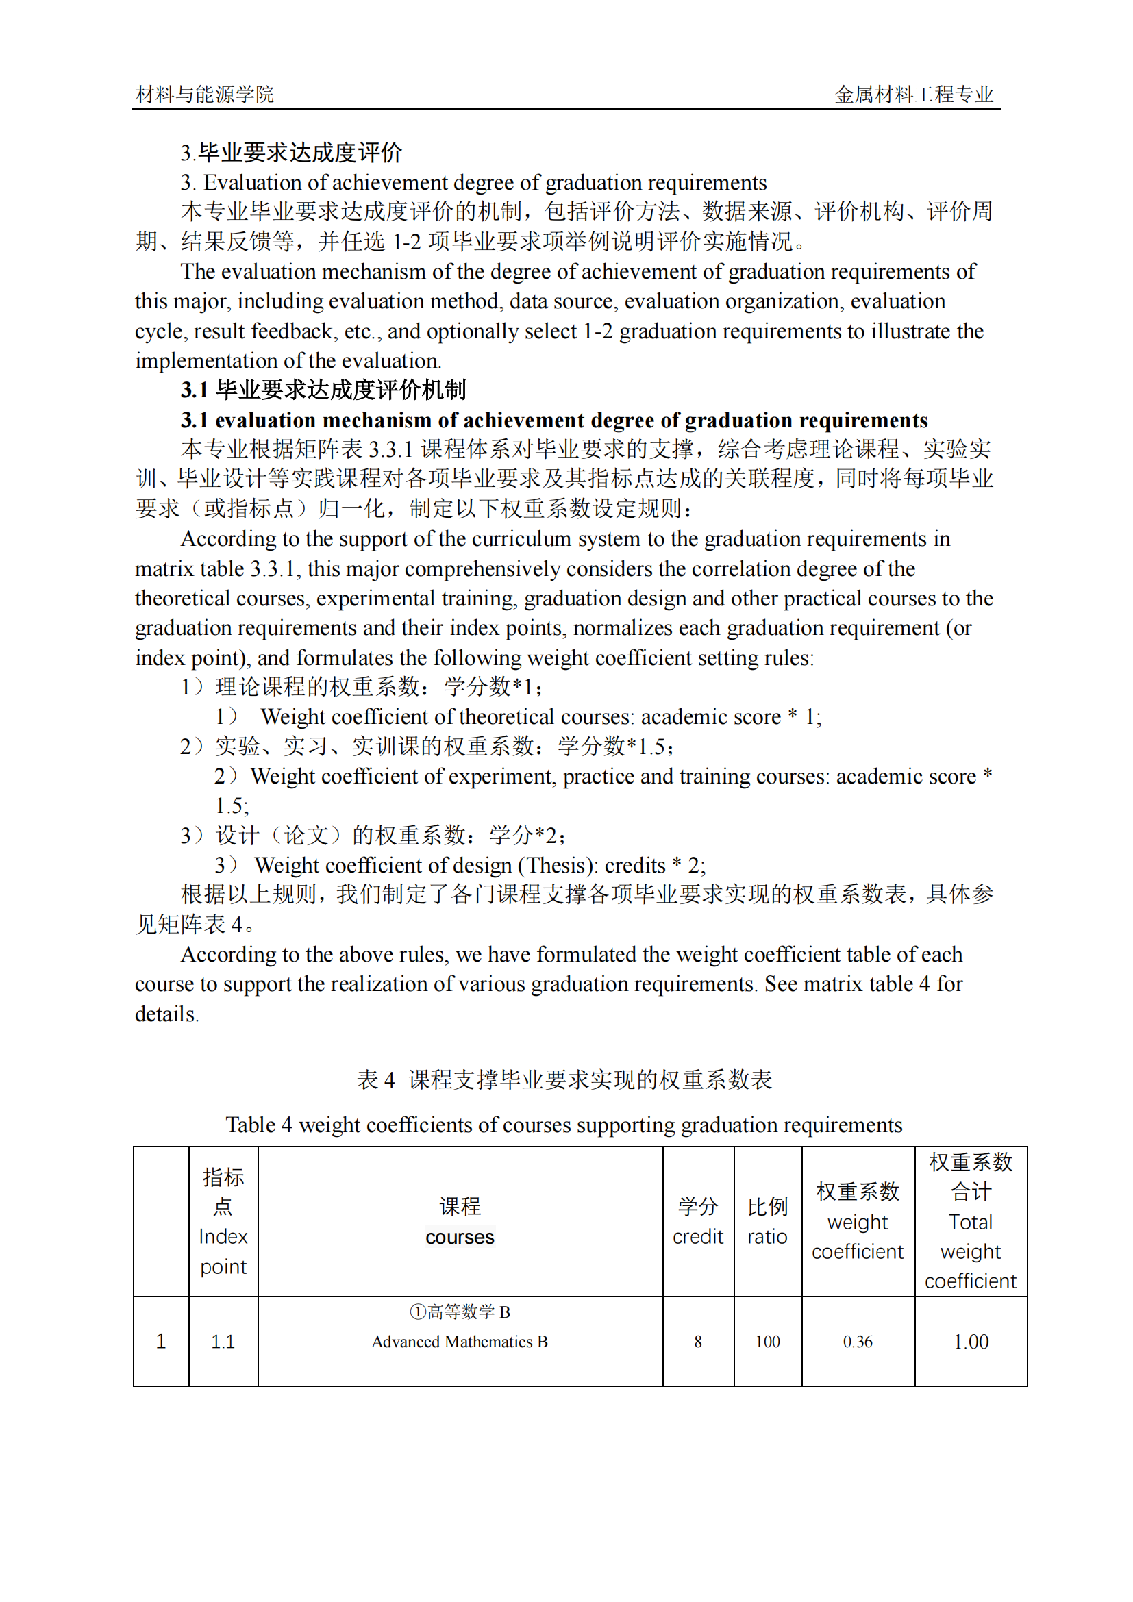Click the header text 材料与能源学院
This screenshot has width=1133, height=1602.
204,95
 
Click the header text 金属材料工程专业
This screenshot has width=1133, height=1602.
914,95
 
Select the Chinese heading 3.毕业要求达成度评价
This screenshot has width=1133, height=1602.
291,152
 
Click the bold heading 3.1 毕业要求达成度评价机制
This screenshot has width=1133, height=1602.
323,390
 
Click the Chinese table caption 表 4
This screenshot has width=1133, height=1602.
375,1080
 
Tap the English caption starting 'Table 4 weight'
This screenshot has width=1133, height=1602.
564,1125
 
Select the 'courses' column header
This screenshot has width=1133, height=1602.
460,1237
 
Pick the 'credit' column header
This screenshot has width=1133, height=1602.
697,1237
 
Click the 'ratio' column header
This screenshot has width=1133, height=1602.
767,1237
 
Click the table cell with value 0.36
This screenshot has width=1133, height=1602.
858,1342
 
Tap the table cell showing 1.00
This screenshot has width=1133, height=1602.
971,1342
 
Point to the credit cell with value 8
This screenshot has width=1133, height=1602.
697,1342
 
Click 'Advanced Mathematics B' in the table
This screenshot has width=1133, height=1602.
460,1342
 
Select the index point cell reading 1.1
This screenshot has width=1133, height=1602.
223,1342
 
